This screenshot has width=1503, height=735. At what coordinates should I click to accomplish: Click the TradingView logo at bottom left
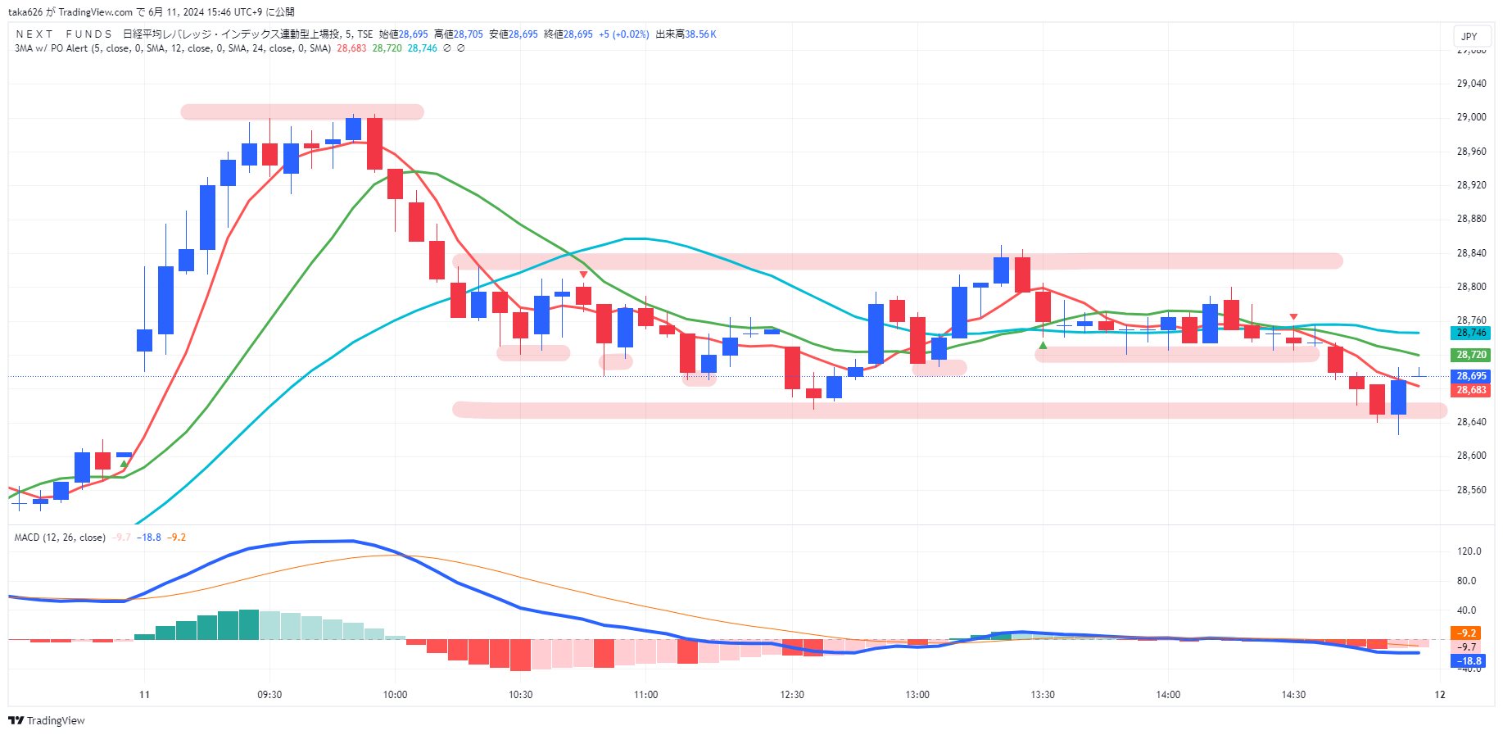47,720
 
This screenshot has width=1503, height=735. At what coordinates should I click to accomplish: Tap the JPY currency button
1469,36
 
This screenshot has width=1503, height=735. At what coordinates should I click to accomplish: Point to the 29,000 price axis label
1471,117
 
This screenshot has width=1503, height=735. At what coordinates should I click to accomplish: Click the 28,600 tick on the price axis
1471,456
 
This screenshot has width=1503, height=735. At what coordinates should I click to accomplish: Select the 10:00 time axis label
395,695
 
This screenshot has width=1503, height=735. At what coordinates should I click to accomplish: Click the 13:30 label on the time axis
1043,695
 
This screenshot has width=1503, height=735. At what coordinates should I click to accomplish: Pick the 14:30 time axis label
1293,695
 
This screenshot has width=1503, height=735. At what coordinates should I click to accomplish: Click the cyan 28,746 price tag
1471,333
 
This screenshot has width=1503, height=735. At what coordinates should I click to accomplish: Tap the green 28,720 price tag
1471,355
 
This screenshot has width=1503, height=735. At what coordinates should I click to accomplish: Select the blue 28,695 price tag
1471,376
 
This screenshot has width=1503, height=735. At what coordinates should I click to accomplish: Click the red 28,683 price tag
1471,390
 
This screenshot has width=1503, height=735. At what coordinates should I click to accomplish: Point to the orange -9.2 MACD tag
1467,633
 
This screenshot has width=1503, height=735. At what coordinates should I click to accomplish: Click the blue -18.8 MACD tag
1469,661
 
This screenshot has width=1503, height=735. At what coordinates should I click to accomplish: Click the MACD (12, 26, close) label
60,538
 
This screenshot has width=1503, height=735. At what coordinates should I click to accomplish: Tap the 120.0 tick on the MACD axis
1469,551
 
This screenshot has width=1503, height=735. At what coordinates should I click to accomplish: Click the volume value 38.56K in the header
700,34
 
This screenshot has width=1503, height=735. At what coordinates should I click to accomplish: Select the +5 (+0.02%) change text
624,34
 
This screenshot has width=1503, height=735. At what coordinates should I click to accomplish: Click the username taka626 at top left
25,12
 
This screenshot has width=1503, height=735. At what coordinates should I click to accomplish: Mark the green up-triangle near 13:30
1043,346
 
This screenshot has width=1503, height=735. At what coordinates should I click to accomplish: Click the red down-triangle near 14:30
1293,316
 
